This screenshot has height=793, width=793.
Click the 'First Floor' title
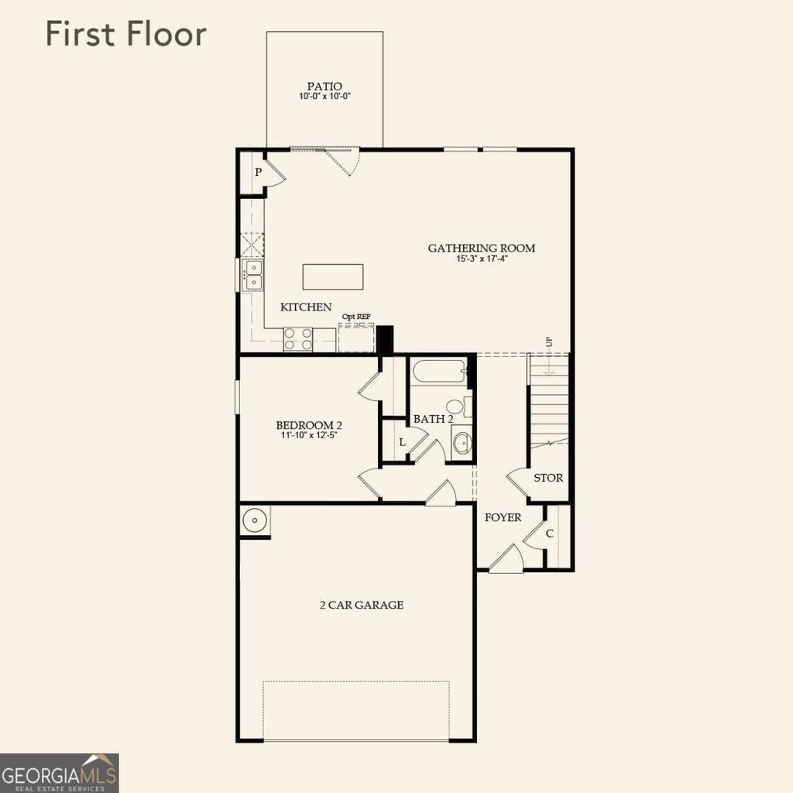pos(125,35)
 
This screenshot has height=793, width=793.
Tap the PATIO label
pos(324,86)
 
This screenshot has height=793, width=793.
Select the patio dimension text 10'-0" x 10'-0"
pos(324,98)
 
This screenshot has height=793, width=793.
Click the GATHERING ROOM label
pos(482,248)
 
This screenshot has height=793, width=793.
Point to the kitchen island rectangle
pos(333,276)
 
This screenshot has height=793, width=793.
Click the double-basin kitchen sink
pos(253,275)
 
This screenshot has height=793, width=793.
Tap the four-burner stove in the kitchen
pos(298,339)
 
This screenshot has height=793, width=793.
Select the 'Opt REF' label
pos(356,317)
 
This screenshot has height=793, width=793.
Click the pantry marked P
pos(258,172)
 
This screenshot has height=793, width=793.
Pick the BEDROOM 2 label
pos(309,425)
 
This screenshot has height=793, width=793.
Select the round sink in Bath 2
pos(462,444)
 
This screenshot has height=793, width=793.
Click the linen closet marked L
pos(401,441)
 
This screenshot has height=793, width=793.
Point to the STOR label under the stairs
pos(548,478)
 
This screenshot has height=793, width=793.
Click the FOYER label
pos(503,517)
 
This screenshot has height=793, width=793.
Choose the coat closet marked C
pos(550,533)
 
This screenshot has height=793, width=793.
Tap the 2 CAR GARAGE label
pos(362,605)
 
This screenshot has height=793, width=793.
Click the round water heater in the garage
pos(253,520)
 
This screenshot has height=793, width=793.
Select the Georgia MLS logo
pos(60,773)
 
